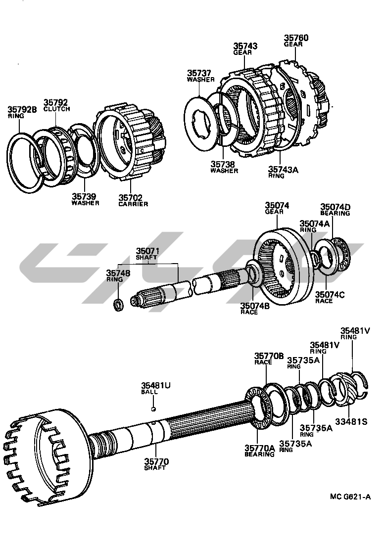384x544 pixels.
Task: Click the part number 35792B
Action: coord(22,109)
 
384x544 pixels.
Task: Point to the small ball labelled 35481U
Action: coord(154,408)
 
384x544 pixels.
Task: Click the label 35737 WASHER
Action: coord(200,76)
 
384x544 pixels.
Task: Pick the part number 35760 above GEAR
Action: coord(296,38)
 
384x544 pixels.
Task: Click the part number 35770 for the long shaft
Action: coord(157,462)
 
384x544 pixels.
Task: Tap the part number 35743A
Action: coord(284,170)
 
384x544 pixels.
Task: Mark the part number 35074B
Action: coord(254,306)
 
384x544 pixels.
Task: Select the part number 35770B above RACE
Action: coord(269,356)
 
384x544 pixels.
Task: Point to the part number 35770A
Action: coord(259,448)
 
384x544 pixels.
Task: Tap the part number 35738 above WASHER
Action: coord(224,165)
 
